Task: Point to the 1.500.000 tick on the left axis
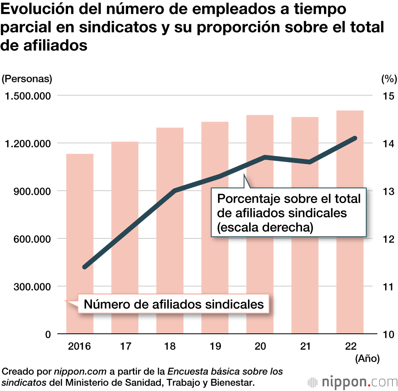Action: [27, 96]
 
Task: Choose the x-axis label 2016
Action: [80, 346]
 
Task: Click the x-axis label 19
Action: [215, 346]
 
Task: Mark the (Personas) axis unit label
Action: [27, 79]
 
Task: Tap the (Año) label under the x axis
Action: [367, 358]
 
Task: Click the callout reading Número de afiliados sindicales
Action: [174, 304]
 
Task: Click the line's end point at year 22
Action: [355, 138]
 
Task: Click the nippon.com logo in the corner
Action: [353, 382]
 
